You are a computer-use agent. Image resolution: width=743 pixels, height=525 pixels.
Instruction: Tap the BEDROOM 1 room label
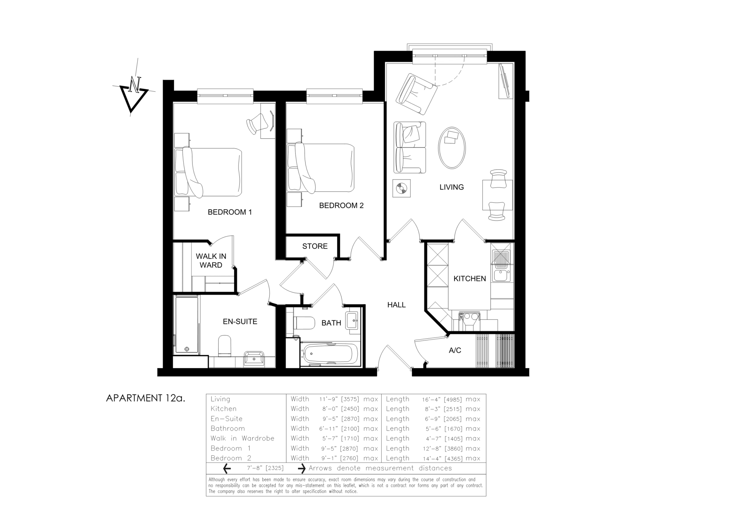coord(230,212)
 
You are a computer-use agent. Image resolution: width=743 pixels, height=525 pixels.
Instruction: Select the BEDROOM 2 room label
coord(341,206)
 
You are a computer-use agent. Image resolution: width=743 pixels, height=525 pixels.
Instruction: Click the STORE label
coord(315,246)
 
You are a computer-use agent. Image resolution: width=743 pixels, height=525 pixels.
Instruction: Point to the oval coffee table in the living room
coord(452,148)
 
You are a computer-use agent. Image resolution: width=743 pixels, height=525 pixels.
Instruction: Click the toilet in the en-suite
coord(225,346)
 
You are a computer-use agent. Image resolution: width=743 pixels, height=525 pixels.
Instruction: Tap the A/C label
coord(455,350)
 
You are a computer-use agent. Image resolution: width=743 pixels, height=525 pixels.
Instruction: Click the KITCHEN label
coord(469,278)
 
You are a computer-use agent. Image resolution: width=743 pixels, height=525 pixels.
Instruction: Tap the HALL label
coord(396,305)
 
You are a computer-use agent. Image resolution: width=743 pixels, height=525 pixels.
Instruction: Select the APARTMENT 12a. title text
coord(145,398)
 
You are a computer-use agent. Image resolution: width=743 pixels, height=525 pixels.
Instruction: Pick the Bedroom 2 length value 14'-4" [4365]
coord(442,458)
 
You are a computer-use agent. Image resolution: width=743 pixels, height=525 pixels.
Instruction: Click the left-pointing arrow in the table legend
coord(227,468)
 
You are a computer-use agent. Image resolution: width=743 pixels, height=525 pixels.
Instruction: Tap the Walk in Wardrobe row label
coord(242,438)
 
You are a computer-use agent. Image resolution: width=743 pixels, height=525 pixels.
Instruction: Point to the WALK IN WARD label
coord(211,260)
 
